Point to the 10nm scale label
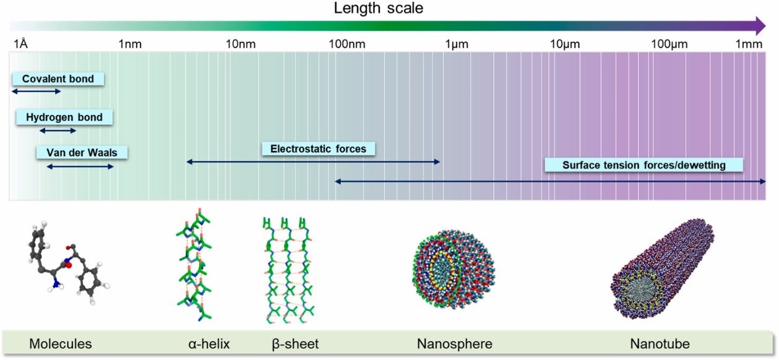point(241,44)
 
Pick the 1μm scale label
point(455,44)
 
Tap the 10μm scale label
point(564,44)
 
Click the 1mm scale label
point(749,44)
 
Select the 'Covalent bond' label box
point(58,79)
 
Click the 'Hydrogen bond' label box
point(64,117)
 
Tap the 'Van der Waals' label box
point(82,152)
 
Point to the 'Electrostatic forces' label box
point(318,149)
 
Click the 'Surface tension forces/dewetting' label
point(644,165)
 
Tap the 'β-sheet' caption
point(296,343)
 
